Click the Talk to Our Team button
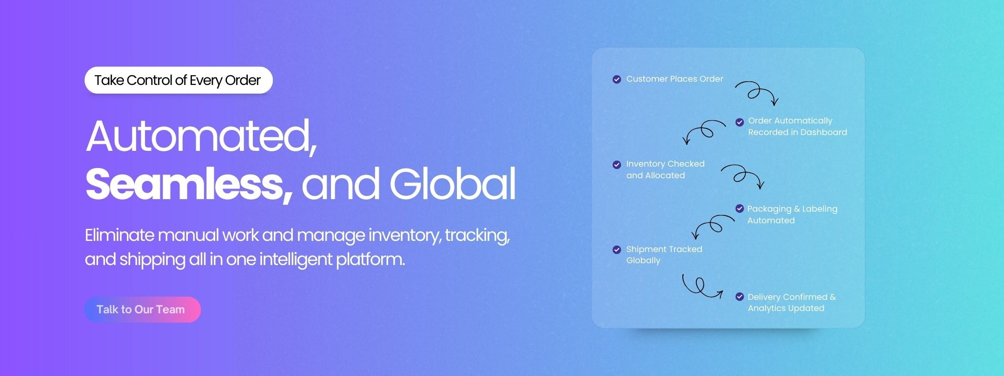point(142,310)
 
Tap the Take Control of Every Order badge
point(178,80)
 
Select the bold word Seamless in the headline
point(188,184)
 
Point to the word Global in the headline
point(453,184)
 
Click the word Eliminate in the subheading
point(119,235)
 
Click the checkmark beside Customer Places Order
point(617,79)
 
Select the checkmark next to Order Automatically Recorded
point(740,123)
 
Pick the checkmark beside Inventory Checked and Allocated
point(617,165)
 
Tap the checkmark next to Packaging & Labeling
point(740,209)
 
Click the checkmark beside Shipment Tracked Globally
point(617,250)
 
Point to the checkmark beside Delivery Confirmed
point(740,297)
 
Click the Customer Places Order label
point(674,79)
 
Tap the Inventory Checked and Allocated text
point(665,169)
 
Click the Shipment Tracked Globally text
point(664,254)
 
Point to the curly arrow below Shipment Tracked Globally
point(701,286)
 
